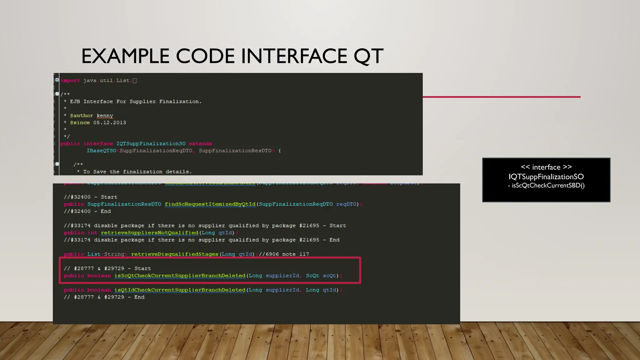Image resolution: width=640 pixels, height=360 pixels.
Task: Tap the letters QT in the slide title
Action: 368,56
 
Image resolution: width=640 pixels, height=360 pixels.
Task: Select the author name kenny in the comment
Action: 105,116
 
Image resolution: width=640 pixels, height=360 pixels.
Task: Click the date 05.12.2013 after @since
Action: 110,123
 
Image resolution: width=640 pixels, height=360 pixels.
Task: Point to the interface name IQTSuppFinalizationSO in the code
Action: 151,144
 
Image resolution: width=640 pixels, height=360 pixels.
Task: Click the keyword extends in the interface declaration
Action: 200,144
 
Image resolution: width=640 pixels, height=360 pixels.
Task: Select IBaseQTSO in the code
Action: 101,151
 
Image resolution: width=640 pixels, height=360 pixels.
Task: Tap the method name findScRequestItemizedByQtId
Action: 210,204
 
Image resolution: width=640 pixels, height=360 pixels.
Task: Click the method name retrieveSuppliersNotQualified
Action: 149,233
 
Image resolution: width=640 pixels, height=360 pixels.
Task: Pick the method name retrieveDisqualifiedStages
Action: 174,254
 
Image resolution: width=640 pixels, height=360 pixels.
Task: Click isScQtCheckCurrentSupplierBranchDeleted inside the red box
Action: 180,276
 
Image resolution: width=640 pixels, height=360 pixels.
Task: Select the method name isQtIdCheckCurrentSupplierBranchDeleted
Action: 180,290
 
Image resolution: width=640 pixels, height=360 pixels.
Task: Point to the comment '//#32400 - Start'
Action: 90,197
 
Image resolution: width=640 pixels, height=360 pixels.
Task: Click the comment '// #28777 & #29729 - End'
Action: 104,297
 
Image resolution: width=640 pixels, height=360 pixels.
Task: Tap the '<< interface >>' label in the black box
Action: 546,167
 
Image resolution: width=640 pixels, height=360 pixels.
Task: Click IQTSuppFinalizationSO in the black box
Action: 546,177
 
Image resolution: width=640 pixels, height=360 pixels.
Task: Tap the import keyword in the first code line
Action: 70,81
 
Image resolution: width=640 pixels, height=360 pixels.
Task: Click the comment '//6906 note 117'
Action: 284,254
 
